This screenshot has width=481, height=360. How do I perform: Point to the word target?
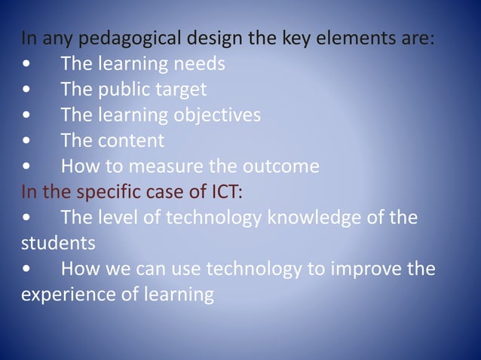coord(181,90)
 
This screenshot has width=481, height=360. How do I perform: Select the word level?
coord(117,217)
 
